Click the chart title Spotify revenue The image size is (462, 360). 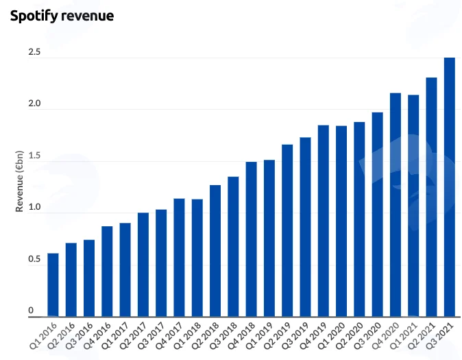tap(62, 16)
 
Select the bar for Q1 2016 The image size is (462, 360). tap(53, 285)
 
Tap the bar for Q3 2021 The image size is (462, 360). tap(450, 187)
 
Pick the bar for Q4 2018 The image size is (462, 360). tap(252, 239)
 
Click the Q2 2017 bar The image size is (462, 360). tap(143, 265)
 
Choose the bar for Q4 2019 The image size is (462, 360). tap(324, 221)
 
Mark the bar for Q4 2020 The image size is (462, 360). tap(396, 205)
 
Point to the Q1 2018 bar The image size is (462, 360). tap(197, 258)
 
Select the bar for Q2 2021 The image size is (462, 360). tap(432, 197)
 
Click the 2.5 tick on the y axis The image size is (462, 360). tap(34, 52)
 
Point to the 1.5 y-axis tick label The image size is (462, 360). tap(34, 156)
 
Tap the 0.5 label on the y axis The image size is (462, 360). tap(34, 259)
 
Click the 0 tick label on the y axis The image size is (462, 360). tap(31, 311)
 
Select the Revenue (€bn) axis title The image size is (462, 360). tap(19, 181)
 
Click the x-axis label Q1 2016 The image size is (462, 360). tap(44, 335)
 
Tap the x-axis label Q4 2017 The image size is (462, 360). tap(170, 335)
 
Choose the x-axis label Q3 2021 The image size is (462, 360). tap(440, 335)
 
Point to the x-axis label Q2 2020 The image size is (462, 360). tap(350, 335)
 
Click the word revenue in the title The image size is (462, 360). tap(87, 16)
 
